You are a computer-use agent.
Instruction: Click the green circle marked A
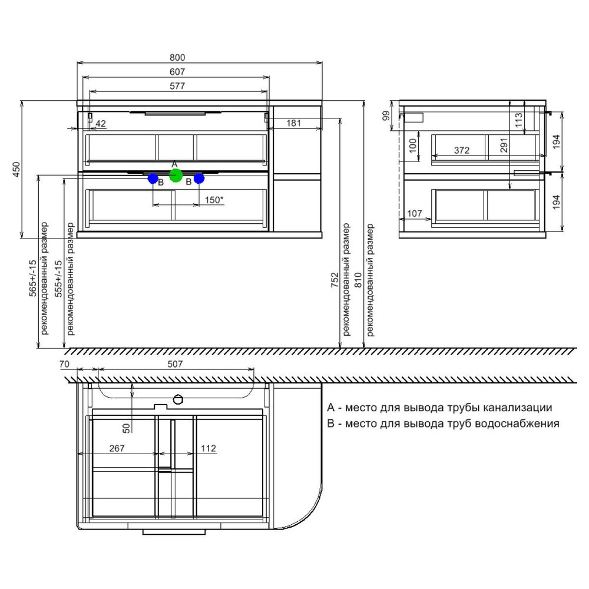176,176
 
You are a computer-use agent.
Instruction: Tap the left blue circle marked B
153,178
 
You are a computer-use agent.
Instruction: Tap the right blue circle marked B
198,178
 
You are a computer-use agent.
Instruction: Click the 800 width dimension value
177,58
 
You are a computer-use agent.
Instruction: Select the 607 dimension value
177,72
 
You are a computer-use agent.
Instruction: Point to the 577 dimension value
177,86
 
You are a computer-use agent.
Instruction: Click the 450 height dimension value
16,170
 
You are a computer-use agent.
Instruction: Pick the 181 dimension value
293,123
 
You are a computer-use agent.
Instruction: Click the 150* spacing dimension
214,200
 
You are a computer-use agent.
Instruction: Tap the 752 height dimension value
335,280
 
